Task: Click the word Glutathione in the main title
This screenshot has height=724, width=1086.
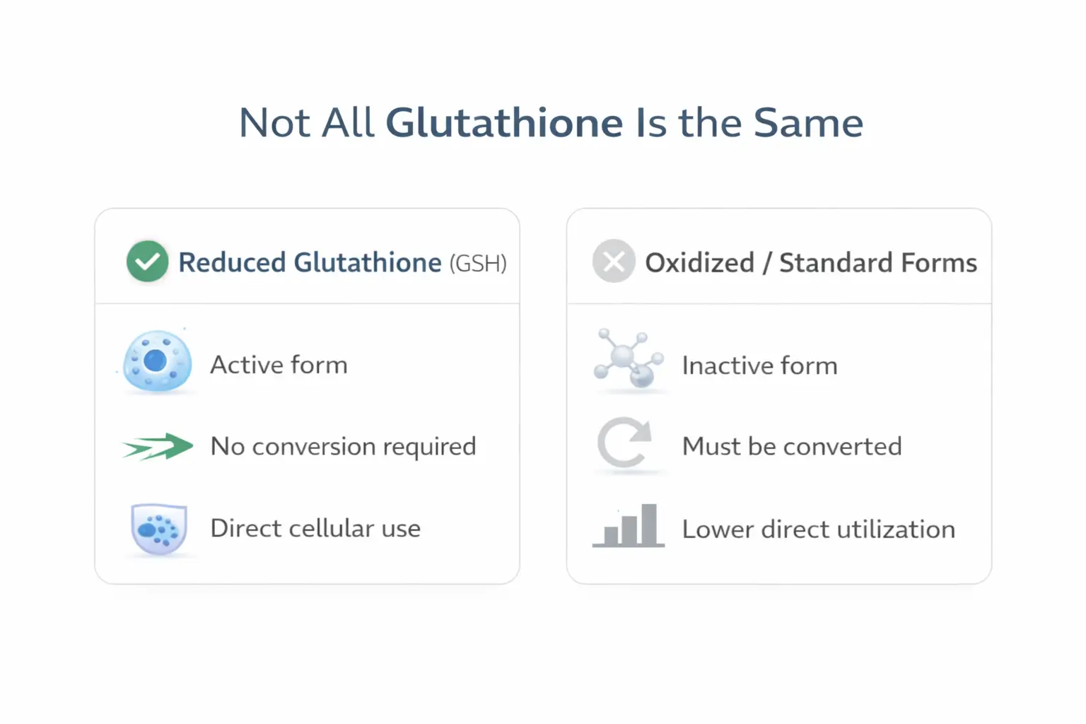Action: point(503,123)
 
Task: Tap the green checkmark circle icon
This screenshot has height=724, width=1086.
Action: point(147,262)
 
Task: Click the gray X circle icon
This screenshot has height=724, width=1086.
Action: point(613,262)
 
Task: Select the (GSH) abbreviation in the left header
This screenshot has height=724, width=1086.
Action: point(478,263)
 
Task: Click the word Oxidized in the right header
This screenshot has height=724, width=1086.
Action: point(699,263)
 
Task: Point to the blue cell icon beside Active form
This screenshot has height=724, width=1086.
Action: point(157,361)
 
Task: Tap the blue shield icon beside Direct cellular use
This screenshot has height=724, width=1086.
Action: point(159,528)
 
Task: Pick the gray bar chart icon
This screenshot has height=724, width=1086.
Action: point(629,527)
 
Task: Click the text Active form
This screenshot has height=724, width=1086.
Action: point(279,365)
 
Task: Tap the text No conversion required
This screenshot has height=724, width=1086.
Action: point(343,446)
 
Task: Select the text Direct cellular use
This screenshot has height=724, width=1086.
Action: point(315,528)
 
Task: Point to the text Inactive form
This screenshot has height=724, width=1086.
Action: point(759,366)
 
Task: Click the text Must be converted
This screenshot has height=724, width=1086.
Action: point(792,446)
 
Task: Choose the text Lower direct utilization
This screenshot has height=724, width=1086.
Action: point(818,529)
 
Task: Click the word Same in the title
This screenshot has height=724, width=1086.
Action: point(808,123)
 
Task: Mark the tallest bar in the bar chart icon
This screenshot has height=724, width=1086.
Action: point(649,524)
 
